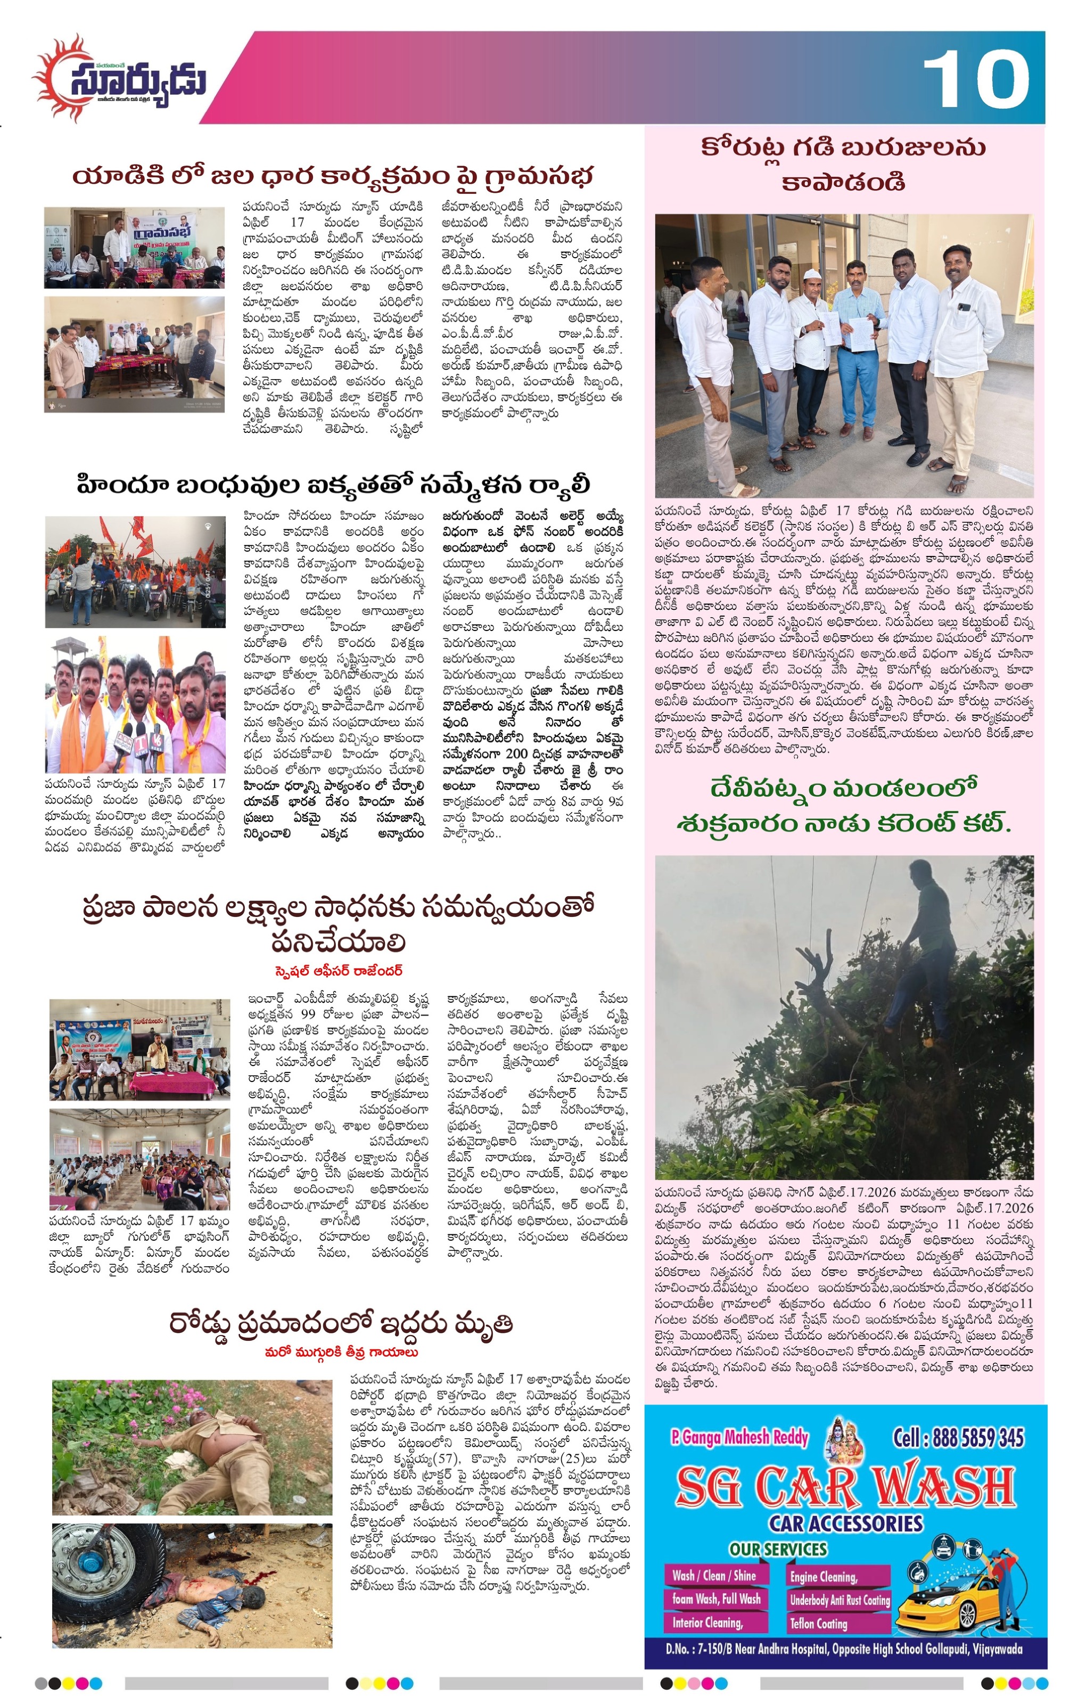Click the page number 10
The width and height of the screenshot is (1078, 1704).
coord(976,80)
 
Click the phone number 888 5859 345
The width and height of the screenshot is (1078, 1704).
coord(958,1437)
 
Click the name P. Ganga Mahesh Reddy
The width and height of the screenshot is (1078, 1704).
coord(739,1437)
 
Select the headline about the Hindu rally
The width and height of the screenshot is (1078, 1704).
coord(333,486)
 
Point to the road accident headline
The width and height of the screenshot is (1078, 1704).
coord(340,1323)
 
